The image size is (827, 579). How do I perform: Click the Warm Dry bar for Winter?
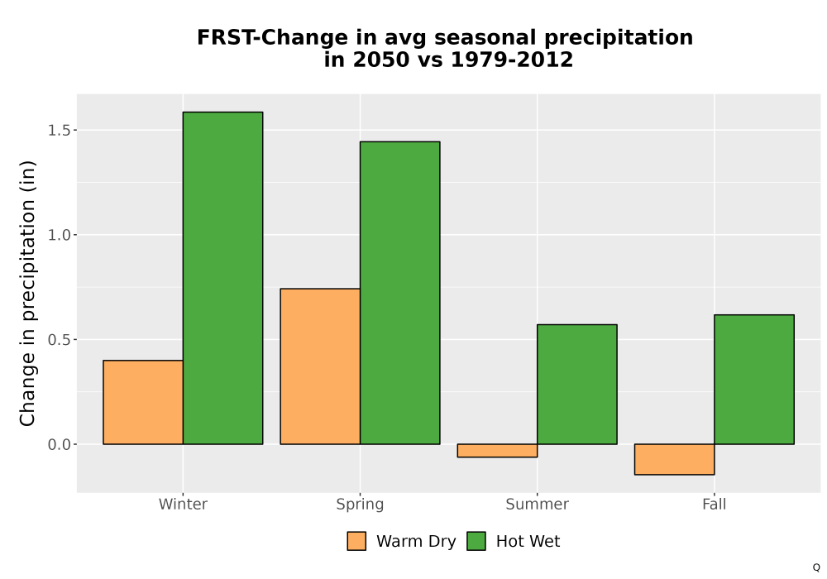click(143, 402)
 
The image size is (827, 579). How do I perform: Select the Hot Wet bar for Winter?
click(222, 278)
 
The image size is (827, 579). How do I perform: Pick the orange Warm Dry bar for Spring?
click(320, 366)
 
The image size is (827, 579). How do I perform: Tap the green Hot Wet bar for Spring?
click(399, 293)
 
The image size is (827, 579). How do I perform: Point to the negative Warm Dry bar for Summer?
click(497, 450)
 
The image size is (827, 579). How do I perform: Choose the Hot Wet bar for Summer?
click(577, 385)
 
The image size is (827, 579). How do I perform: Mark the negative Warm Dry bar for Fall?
click(675, 459)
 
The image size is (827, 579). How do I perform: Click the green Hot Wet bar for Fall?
click(754, 380)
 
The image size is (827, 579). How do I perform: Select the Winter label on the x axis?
click(183, 504)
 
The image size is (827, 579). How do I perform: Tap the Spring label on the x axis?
click(361, 505)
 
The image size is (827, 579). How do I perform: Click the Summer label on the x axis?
click(538, 504)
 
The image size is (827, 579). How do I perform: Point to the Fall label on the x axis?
click(715, 504)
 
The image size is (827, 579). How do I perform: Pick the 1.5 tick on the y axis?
click(59, 130)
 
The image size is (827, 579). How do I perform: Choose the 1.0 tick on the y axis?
click(59, 235)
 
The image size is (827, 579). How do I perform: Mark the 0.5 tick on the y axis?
click(59, 340)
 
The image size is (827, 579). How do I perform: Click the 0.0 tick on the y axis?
click(59, 444)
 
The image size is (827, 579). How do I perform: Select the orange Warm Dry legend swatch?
click(356, 541)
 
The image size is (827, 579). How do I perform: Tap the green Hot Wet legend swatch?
click(476, 541)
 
